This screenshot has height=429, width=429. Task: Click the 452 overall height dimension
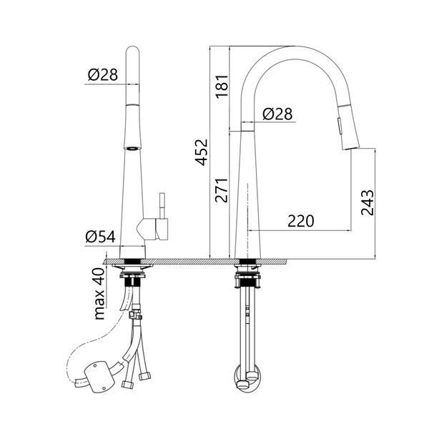(202, 152)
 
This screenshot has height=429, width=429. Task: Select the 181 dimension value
(222, 87)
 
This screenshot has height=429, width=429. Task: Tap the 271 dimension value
(222, 190)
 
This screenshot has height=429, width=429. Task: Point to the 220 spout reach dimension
(301, 221)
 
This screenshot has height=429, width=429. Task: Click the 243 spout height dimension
(368, 202)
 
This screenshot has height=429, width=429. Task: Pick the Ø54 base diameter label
(100, 237)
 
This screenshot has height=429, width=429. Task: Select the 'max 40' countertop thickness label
(99, 294)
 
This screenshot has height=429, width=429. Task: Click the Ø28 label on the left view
(103, 74)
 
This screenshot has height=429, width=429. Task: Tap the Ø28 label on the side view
(277, 114)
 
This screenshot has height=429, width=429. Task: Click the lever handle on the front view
(162, 206)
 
